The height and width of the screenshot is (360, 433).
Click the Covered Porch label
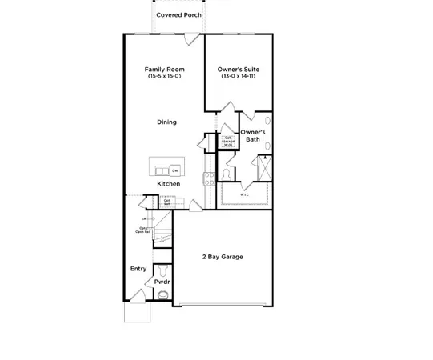click(x=178, y=14)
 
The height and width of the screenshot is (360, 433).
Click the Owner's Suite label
click(x=239, y=69)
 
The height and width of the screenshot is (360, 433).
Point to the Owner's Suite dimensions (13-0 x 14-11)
click(x=239, y=76)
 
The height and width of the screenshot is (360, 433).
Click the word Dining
click(x=166, y=122)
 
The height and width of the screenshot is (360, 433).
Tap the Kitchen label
click(x=168, y=184)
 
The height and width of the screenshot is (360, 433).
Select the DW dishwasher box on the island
click(x=174, y=170)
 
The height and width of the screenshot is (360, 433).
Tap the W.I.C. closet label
click(x=244, y=194)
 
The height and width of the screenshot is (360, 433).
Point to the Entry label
click(x=138, y=269)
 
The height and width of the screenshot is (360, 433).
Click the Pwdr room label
click(x=162, y=282)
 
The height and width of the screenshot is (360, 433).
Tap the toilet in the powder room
click(x=164, y=294)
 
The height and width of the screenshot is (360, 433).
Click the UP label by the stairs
click(x=144, y=218)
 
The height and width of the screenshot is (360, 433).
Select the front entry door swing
click(x=138, y=296)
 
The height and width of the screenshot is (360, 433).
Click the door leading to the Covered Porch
click(x=189, y=38)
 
